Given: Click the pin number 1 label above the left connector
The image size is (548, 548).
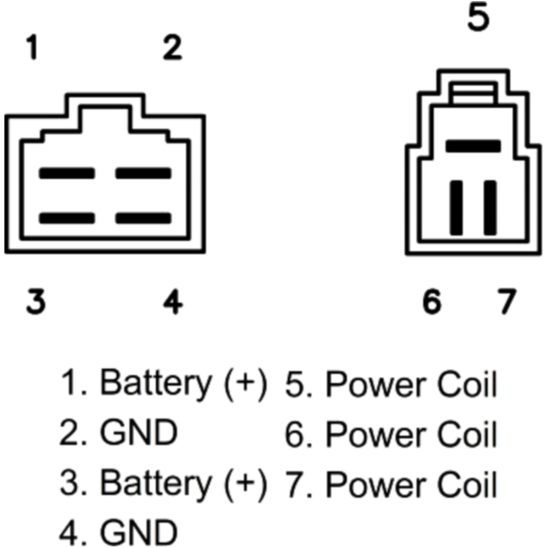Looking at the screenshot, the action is (x=33, y=47).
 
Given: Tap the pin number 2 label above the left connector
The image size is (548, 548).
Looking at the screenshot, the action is (x=173, y=47).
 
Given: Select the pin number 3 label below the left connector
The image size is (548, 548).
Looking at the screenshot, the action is (x=36, y=301).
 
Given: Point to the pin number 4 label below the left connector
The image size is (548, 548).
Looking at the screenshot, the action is (x=173, y=301).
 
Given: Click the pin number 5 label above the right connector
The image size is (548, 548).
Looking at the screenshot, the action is (x=478, y=17).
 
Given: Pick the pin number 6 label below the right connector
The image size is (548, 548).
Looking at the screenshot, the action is (x=432, y=301).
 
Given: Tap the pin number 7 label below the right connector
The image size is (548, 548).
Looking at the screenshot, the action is (x=506, y=301).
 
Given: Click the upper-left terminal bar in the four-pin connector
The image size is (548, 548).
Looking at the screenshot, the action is (x=67, y=173).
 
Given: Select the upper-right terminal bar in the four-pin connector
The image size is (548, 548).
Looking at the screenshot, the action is (x=143, y=173).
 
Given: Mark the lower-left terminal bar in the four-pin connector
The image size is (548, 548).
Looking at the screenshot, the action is (x=67, y=218).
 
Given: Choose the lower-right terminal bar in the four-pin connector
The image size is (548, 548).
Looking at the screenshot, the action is (x=143, y=218).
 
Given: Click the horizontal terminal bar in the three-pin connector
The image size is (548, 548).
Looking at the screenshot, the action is (x=473, y=146).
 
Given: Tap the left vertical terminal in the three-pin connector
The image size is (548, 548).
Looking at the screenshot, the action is (x=456, y=208).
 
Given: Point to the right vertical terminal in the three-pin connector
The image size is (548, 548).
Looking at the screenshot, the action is (x=490, y=208).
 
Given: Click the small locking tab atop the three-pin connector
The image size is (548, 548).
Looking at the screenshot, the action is (x=473, y=93).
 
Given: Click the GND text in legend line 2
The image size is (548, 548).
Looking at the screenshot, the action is (x=139, y=432).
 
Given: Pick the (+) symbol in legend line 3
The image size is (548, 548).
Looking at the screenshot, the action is (x=246, y=484).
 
